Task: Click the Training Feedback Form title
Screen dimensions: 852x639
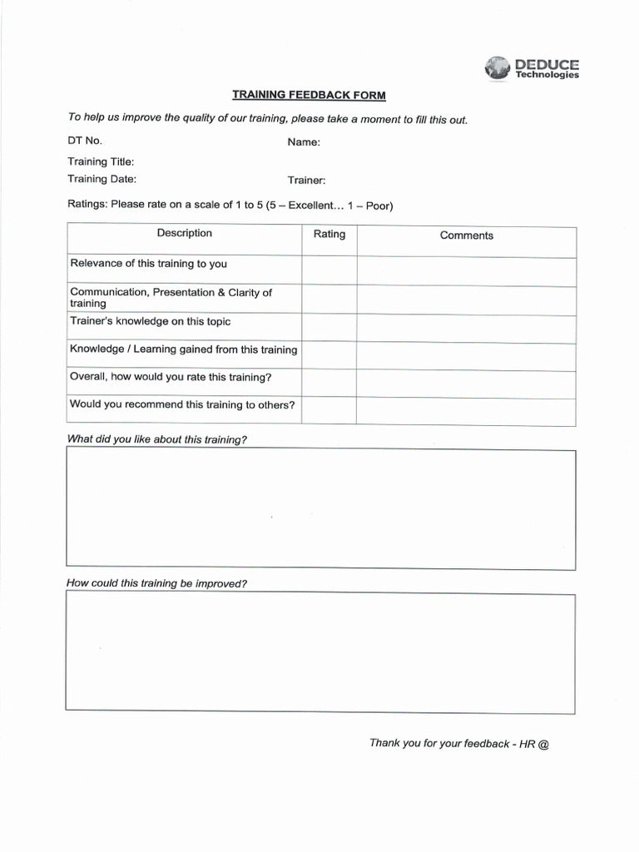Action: tap(309, 96)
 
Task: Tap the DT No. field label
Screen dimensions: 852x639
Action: tap(84, 141)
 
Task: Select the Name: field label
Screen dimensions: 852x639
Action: tap(304, 142)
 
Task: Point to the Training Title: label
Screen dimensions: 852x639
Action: tap(100, 161)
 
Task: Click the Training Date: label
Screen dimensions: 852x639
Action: tap(102, 179)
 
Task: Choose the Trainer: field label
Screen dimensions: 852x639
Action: tap(306, 181)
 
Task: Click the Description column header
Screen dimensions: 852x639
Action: tap(184, 234)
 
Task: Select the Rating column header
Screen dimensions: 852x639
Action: tap(329, 235)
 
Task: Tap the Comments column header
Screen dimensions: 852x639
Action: tap(466, 235)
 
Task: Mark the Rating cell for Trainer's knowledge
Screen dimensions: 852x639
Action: tap(329, 329)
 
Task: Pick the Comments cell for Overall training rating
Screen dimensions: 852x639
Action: tap(466, 384)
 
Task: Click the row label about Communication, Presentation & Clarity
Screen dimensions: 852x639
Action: tap(171, 298)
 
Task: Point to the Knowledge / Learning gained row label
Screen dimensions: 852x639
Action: tap(183, 349)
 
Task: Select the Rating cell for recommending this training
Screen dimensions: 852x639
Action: tap(329, 411)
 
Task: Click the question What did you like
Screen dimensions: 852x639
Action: tap(156, 439)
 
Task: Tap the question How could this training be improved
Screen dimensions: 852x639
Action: tap(156, 583)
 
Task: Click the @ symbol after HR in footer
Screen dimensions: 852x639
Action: tap(543, 744)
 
